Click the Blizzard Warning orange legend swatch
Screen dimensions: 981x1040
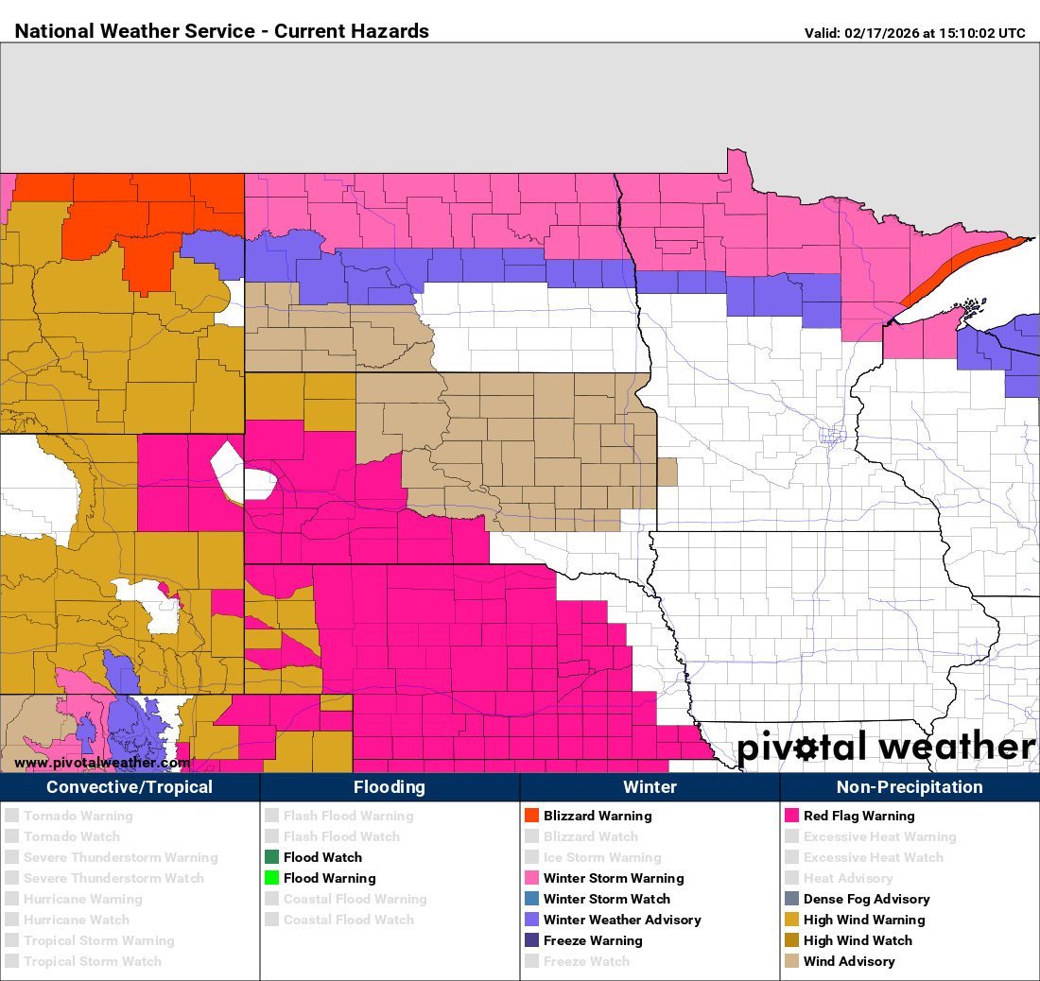(531, 816)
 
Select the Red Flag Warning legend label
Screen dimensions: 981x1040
(858, 816)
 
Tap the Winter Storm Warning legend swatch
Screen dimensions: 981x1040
(531, 878)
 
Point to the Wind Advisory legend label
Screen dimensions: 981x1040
(848, 961)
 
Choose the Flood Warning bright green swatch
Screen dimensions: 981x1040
(271, 878)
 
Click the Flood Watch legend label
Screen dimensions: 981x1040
(322, 857)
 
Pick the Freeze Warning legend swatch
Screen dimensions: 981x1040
(531, 940)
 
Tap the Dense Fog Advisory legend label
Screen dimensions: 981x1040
(866, 899)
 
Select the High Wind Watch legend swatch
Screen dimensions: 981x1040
(791, 940)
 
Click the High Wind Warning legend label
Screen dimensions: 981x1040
(864, 920)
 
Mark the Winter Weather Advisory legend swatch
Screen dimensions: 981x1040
(531, 920)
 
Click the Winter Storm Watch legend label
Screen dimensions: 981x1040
(606, 899)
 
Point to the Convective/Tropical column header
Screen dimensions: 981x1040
(130, 787)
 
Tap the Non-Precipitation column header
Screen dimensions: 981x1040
(910, 787)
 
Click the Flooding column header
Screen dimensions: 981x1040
(390, 787)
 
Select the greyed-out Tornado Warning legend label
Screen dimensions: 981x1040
(78, 816)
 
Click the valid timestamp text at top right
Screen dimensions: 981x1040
(914, 33)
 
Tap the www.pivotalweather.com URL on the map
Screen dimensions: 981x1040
(102, 763)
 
